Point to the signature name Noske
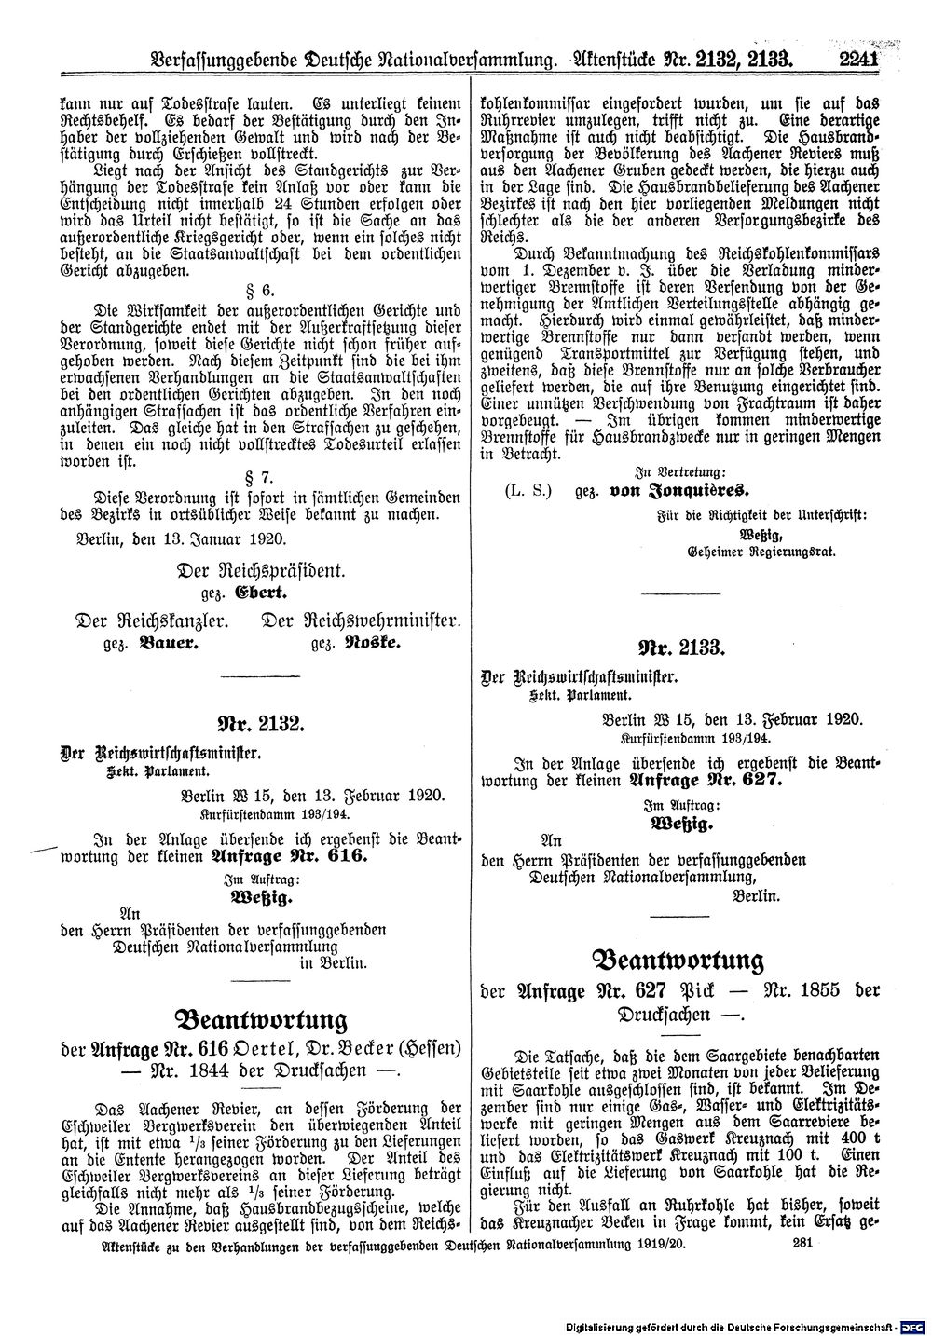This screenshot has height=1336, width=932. (x=372, y=643)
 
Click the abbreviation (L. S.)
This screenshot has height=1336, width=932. (x=524, y=491)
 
